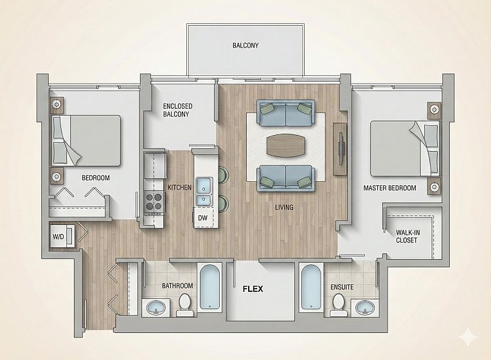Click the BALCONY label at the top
point(245,46)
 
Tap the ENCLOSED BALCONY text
point(177,111)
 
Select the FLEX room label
point(253,289)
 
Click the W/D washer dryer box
point(62,235)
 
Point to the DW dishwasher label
point(202,218)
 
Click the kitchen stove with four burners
point(154,203)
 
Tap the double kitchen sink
point(204,192)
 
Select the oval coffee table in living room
point(285,146)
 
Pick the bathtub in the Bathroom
point(209,287)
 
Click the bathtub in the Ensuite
point(311,287)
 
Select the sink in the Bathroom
point(156,308)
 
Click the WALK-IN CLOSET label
point(407,237)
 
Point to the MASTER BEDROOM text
point(389,188)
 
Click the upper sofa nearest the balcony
point(285,113)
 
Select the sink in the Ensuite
point(365,308)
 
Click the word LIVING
point(284,207)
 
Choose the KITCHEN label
point(179,187)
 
